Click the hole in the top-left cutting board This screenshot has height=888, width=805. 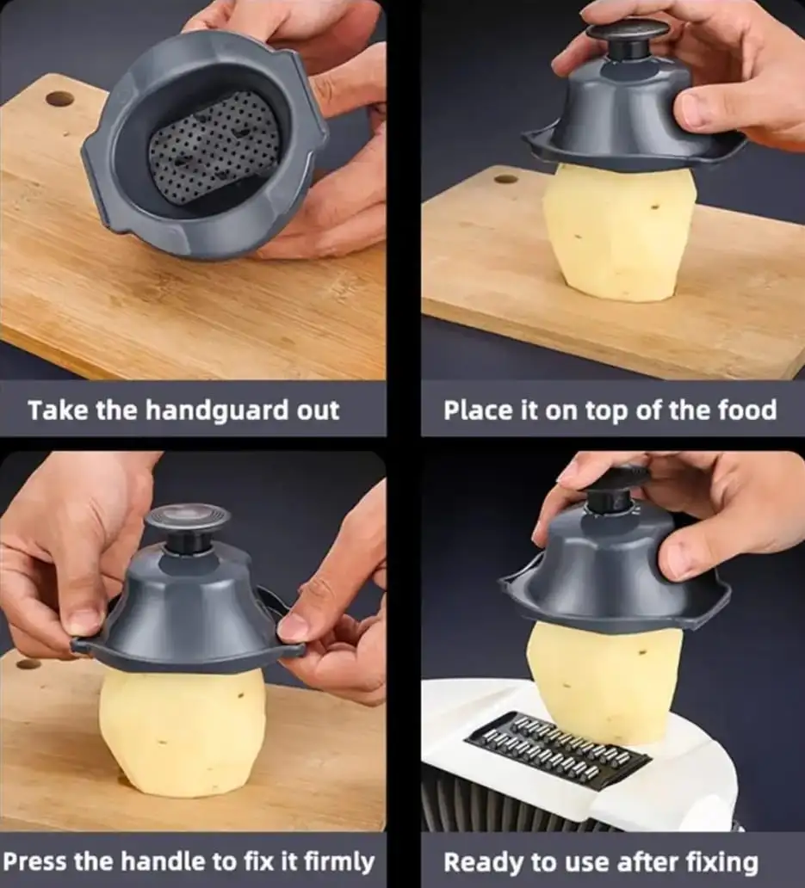(59, 100)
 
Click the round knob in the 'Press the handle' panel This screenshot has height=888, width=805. (187, 528)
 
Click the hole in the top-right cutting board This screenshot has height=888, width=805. (505, 179)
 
